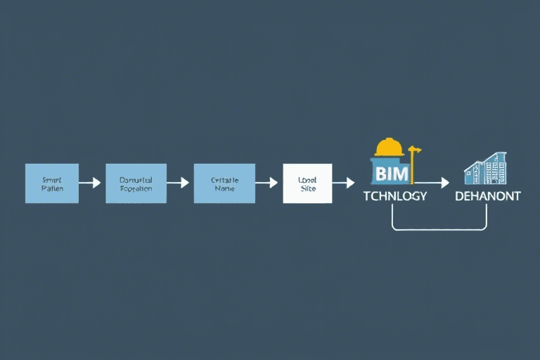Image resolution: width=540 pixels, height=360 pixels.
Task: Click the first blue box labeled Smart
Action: (x=52, y=184)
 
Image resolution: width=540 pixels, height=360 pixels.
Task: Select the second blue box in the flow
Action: (x=136, y=184)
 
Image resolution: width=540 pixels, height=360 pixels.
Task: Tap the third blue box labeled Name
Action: (x=224, y=184)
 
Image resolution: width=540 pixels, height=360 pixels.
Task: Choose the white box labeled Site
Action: (x=307, y=184)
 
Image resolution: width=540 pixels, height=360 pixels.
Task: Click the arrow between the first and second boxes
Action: (x=90, y=183)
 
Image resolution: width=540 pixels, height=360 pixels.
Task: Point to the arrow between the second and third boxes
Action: (x=178, y=183)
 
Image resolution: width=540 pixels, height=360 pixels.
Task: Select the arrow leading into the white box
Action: (x=266, y=183)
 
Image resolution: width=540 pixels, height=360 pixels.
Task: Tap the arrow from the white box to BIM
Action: (x=343, y=183)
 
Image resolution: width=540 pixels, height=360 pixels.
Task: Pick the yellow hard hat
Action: (x=389, y=147)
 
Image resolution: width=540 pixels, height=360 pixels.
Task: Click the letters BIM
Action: (x=391, y=172)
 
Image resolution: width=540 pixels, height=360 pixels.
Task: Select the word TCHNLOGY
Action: (x=394, y=196)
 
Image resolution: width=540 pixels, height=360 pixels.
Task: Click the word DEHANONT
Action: (x=487, y=196)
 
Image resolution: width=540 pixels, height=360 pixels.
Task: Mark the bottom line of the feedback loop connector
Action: (x=439, y=230)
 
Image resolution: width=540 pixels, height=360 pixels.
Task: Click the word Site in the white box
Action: (x=308, y=189)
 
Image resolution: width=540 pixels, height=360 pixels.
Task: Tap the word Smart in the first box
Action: (x=52, y=179)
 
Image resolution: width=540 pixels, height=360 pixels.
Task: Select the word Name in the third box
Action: (x=225, y=188)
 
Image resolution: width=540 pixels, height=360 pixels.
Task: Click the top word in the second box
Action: (x=136, y=179)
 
